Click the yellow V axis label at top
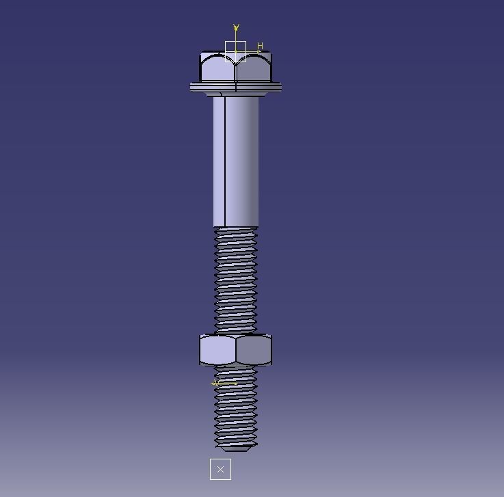236,28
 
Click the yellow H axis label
260,46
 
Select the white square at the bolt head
235,51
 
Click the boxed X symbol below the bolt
220,469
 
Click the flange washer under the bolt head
235,87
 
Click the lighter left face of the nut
217,350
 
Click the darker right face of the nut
254,350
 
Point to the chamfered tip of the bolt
236,448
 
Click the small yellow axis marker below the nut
224,384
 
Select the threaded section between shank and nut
236,280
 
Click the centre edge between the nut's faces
235,350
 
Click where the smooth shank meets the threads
236,227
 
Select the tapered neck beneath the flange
236,94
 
